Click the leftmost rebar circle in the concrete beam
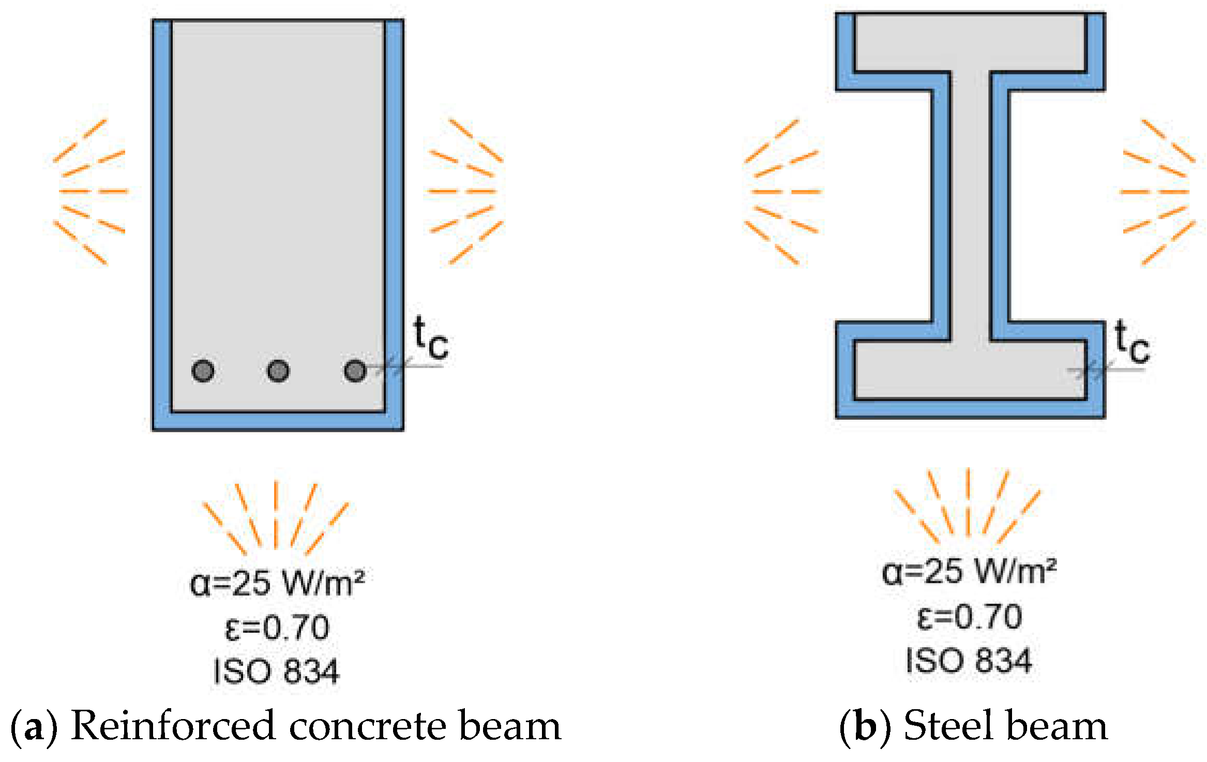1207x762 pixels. [203, 371]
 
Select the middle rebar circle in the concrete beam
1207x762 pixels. [278, 371]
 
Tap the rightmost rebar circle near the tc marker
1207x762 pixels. [355, 371]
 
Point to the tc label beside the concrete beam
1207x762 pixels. [431, 339]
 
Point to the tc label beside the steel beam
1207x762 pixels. [1131, 343]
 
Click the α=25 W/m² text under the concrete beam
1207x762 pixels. [277, 583]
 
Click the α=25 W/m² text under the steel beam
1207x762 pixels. [969, 572]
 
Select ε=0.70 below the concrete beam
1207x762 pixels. [277, 628]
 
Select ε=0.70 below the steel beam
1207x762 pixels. [969, 617]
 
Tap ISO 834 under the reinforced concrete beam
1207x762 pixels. [276, 671]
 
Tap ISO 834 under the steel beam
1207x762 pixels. [969, 661]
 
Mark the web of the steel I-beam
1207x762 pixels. [970, 207]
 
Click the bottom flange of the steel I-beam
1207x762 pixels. [970, 370]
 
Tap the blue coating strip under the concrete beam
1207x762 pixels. [278, 421]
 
